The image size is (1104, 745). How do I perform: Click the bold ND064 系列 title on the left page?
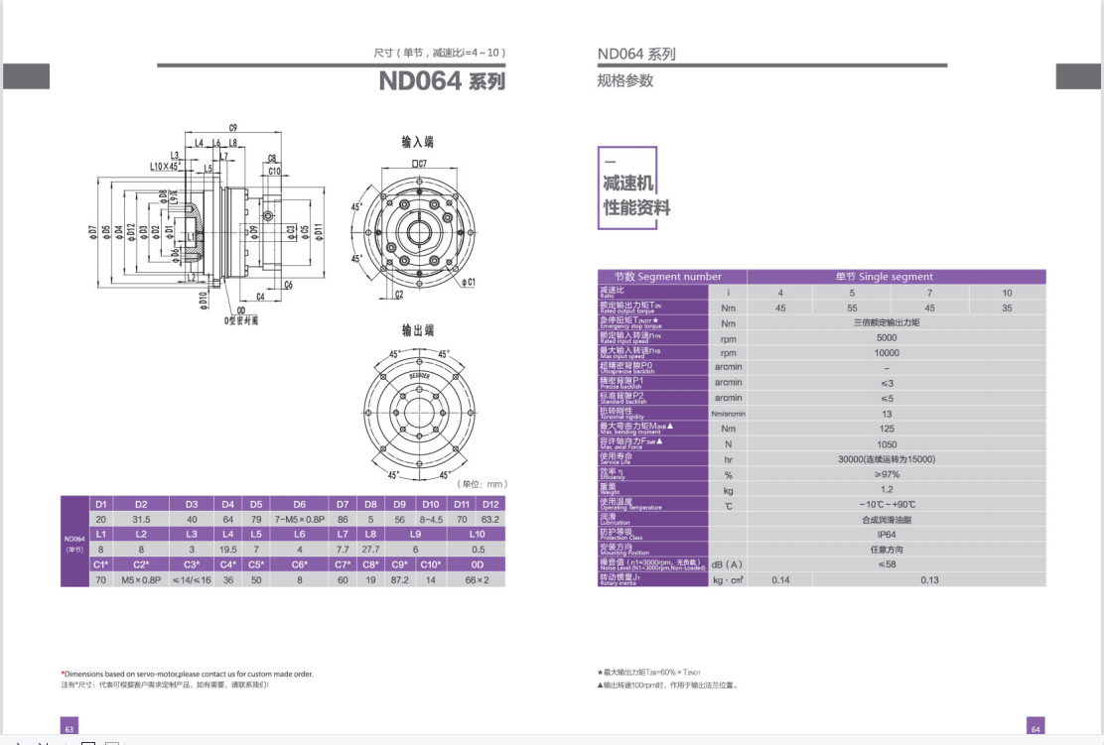click(x=442, y=81)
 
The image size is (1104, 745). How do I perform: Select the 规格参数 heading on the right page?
click(x=625, y=81)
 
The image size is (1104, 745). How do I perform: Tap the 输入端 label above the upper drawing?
click(x=417, y=142)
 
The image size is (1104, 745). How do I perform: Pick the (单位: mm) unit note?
click(x=482, y=484)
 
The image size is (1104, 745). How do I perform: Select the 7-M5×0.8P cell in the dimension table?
click(x=300, y=519)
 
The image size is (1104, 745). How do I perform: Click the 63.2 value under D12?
click(x=490, y=519)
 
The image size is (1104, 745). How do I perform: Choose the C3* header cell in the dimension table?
click(x=192, y=564)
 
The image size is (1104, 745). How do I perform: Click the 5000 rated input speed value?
click(x=887, y=337)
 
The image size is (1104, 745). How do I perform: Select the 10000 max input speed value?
click(x=887, y=352)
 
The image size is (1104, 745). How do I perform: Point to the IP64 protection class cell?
click(x=887, y=534)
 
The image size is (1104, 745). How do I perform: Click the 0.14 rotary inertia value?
click(x=780, y=579)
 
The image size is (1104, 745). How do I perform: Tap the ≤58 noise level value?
click(x=887, y=564)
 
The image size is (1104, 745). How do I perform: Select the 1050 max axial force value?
click(x=887, y=443)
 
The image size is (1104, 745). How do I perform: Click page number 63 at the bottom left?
click(x=69, y=729)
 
